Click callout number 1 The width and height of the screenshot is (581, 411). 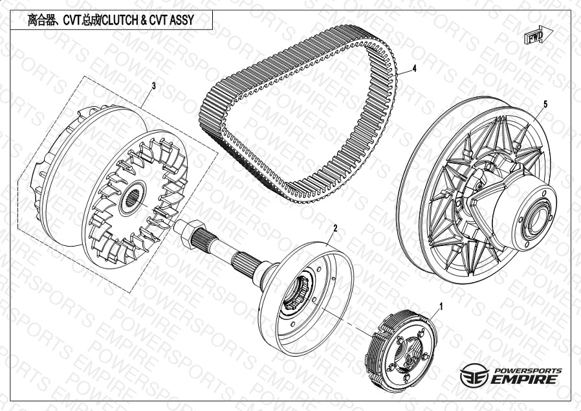(x=441, y=307)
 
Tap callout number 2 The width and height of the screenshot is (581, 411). (x=335, y=228)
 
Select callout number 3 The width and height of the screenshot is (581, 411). (x=154, y=86)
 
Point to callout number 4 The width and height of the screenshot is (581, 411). (x=415, y=69)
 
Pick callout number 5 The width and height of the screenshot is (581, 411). (x=545, y=104)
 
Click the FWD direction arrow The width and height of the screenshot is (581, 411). (x=538, y=36)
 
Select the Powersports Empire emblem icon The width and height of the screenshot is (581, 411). (x=474, y=375)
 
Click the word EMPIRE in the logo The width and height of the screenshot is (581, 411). (x=524, y=379)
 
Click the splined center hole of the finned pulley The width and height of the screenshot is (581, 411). (x=133, y=198)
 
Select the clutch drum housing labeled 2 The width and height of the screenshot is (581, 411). (x=305, y=298)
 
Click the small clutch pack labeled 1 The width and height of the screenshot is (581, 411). (x=401, y=351)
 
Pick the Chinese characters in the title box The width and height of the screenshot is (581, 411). (x=42, y=20)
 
